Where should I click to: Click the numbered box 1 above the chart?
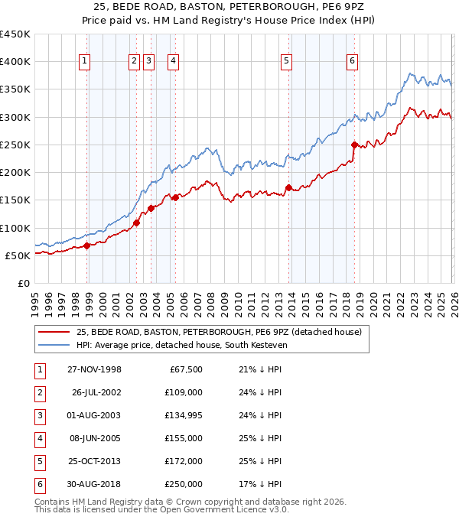[x=83, y=62]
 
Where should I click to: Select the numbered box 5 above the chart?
[x=286, y=62]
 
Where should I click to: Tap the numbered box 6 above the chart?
[x=352, y=62]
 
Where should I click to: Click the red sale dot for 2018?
[x=354, y=145]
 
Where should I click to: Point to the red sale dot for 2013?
[x=288, y=187]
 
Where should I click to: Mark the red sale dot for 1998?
[x=87, y=245]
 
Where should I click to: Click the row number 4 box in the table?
[x=38, y=438]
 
